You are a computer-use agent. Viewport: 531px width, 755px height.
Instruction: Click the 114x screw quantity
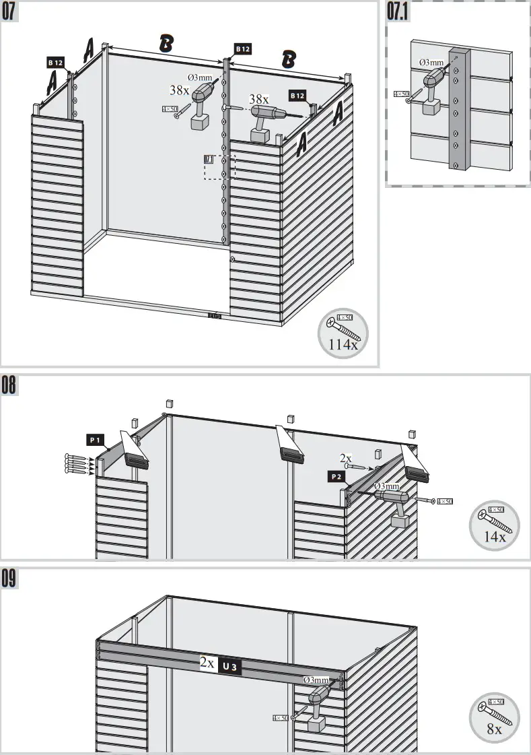(343, 344)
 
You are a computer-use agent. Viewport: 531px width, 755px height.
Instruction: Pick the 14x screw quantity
(495, 537)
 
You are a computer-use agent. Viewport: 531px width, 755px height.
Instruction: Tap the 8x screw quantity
(494, 729)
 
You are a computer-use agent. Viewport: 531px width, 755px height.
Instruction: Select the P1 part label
(95, 440)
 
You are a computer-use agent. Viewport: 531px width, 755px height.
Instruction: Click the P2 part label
(337, 477)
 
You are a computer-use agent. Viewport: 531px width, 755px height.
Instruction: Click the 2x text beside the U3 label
(207, 663)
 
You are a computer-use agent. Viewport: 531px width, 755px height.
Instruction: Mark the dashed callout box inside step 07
(220, 166)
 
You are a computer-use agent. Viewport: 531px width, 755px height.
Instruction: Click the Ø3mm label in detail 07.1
(431, 63)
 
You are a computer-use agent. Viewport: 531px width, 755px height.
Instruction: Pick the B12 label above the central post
(242, 49)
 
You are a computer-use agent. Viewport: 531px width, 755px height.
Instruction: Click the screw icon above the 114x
(343, 326)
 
